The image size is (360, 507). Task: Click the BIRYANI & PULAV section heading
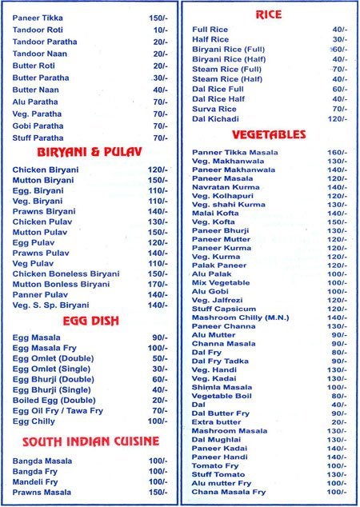coord(89,152)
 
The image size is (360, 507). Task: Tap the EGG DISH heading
coord(89,321)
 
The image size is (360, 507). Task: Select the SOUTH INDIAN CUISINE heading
coord(90,441)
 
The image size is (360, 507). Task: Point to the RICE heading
coord(268,14)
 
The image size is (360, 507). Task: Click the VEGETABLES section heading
coord(269,134)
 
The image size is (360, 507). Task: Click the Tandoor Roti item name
coord(38,29)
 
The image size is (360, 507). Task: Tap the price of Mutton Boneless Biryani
coord(158,284)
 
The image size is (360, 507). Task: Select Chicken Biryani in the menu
coord(46,170)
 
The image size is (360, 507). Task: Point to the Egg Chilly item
coord(35,421)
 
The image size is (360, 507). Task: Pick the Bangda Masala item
coord(42,459)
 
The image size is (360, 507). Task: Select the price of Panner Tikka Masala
coord(336,152)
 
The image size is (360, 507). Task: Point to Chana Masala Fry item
coord(229,492)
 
